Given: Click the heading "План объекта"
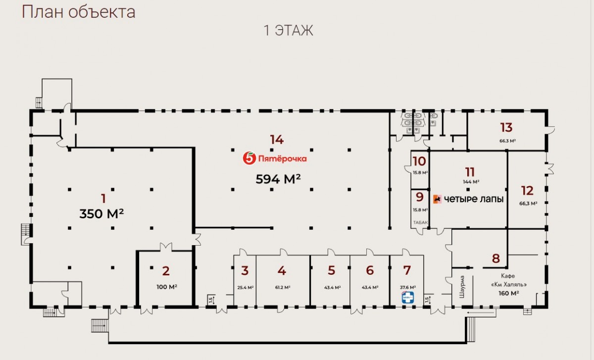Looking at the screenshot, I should coord(78,12).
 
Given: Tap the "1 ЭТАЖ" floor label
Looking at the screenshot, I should coord(289,31).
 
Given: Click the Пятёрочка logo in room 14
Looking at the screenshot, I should coord(275,158).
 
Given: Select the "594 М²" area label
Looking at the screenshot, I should coord(278,179).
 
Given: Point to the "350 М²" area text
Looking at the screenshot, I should coord(101,214).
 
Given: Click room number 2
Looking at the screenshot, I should coord(166,271).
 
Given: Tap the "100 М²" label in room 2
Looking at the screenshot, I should coord(166,287).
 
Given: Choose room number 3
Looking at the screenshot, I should coord(245,271).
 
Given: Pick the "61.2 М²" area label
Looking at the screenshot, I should coord(282,287).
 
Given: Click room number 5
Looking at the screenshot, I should coord(331,271).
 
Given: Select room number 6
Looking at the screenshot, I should coord(370,271).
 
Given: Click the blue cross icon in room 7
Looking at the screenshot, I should coord(407,297).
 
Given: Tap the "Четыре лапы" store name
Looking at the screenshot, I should coord(468,199).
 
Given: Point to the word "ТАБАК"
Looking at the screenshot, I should coord(420,223).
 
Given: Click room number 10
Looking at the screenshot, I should coord(419,161).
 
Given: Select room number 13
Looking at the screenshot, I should coord(506,128).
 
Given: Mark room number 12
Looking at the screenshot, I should coord(527,190).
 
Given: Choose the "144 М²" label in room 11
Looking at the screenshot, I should coord(470,182).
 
